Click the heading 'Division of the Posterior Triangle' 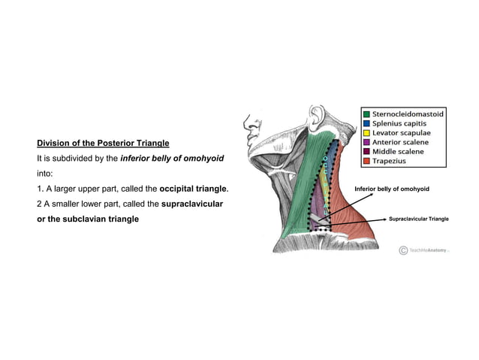[103, 143]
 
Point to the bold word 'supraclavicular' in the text [192, 204]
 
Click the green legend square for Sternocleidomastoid [366, 113]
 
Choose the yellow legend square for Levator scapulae [366, 132]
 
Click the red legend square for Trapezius [366, 161]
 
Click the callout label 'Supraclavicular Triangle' [418, 219]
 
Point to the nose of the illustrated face [245, 124]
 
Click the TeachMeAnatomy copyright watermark [423, 250]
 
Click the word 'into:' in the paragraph [47, 173]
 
